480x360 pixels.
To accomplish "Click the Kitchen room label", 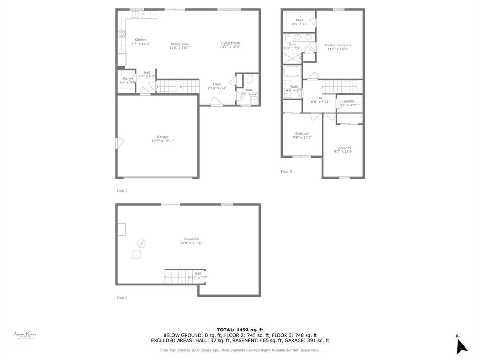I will coord(141,40).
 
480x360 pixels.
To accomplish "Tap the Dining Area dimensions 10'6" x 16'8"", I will coord(179,48).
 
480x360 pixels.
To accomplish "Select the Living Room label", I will coord(230,43).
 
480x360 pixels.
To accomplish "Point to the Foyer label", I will coord(217,84).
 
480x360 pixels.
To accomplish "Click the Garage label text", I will coord(163,137).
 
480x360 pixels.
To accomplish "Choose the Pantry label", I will coord(127,79).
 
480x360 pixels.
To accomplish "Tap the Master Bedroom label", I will coord(337,45).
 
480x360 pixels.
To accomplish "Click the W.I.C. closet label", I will coord(300,20).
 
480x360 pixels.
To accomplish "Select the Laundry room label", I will coord(348,101).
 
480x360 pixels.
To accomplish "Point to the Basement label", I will coord(191,239).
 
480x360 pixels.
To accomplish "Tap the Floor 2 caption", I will coord(122,191).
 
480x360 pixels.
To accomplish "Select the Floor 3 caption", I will coord(286,172).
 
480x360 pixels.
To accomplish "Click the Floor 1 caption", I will coord(122,298).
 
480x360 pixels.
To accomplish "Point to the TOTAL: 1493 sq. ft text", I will coord(240,330).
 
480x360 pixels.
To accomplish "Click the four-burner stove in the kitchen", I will coord(121,34).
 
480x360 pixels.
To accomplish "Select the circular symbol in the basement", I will coord(141,243).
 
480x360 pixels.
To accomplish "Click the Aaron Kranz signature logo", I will coord(25,335).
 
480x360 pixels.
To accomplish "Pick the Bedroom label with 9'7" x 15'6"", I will coord(343,148).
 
